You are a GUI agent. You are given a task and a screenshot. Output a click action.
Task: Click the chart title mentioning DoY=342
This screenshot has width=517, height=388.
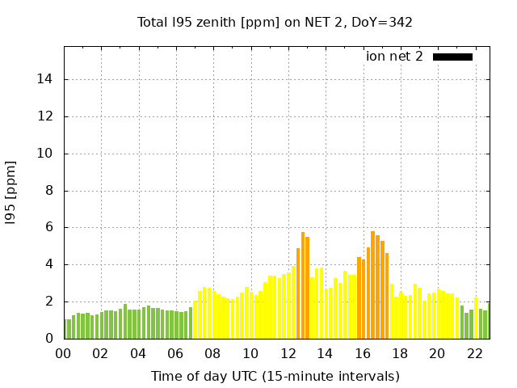point(275,22)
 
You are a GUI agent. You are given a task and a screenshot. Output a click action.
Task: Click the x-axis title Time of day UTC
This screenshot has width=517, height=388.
point(275,376)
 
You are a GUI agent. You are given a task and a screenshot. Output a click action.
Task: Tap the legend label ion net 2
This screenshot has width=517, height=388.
point(393,57)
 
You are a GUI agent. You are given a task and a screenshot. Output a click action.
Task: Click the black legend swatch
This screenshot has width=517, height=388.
point(452,57)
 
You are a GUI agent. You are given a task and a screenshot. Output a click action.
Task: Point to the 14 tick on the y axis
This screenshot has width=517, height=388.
point(47,79)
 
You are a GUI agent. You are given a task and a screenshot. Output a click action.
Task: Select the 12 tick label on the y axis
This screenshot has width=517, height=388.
point(47,116)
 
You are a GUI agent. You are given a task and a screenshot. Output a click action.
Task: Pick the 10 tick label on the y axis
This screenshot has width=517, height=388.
point(47,154)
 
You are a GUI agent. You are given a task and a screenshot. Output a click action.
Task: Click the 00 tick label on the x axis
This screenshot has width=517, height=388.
point(63,354)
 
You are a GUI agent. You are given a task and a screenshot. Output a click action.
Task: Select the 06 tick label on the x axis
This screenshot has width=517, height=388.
point(175,354)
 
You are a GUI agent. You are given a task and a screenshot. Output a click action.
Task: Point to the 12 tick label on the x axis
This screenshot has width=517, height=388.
point(288,354)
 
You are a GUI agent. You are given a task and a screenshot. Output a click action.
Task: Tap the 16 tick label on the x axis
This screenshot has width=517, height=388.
point(362,354)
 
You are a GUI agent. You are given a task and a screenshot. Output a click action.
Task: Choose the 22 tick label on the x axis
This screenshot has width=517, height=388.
point(474,354)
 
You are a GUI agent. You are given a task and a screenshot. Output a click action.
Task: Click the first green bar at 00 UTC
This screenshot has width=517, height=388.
point(65,329)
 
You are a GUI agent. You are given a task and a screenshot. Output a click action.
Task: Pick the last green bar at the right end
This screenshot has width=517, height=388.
point(485,325)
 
